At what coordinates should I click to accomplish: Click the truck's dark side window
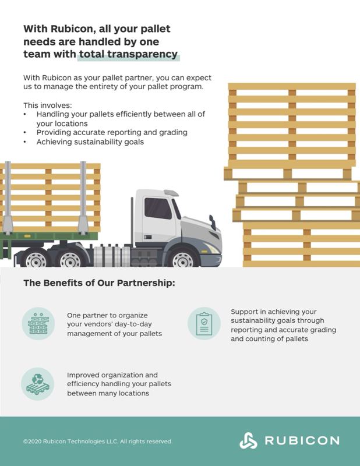pyautogui.click(x=158, y=208)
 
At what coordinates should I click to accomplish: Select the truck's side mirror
pyautogui.click(x=212, y=223)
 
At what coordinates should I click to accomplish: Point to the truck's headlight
pyautogui.click(x=211, y=248)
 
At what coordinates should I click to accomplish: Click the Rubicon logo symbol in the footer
pyautogui.click(x=248, y=440)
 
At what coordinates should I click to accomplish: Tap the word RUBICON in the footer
pyautogui.click(x=302, y=440)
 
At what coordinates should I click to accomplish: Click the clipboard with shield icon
pyautogui.click(x=204, y=324)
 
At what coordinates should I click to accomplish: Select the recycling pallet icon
pyautogui.click(x=38, y=384)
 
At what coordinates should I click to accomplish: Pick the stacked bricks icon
pyautogui.click(x=38, y=323)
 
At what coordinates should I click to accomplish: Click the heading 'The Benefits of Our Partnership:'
pyautogui.click(x=99, y=283)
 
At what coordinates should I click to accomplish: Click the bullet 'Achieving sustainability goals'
pyautogui.click(x=90, y=142)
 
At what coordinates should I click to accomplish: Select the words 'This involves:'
pyautogui.click(x=48, y=105)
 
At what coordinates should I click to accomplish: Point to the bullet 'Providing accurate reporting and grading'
pyautogui.click(x=112, y=133)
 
